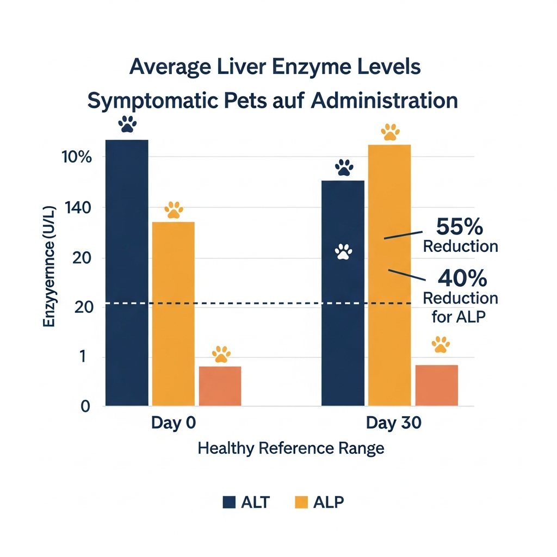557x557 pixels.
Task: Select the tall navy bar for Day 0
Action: click(127, 272)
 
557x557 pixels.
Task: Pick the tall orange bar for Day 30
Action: click(389, 275)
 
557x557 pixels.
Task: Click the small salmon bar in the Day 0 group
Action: click(220, 386)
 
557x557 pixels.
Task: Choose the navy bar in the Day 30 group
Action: click(343, 294)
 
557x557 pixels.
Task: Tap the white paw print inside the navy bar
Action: click(343, 252)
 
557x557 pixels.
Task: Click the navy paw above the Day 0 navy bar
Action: click(127, 125)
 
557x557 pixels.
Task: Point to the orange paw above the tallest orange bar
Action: click(390, 132)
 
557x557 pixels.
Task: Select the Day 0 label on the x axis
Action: click(173, 424)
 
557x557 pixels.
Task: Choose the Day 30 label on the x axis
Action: click(393, 424)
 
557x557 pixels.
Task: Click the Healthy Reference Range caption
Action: click(291, 449)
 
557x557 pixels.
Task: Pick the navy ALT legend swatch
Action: click(229, 502)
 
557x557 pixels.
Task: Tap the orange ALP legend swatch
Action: click(301, 502)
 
